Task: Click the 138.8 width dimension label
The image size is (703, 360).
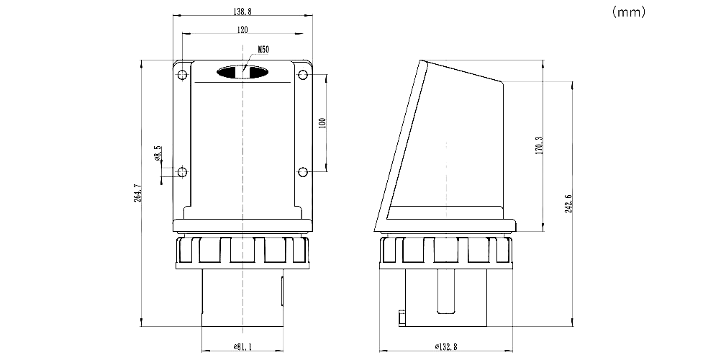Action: (242, 12)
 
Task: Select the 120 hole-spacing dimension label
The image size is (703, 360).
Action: (242, 30)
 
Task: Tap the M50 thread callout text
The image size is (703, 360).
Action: (263, 50)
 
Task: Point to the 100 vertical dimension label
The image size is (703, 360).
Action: (322, 123)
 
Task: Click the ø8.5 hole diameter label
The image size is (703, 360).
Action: (157, 153)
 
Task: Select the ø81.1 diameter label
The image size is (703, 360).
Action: (242, 346)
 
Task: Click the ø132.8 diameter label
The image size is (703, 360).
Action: (445, 346)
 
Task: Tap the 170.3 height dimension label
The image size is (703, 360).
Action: (540, 145)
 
